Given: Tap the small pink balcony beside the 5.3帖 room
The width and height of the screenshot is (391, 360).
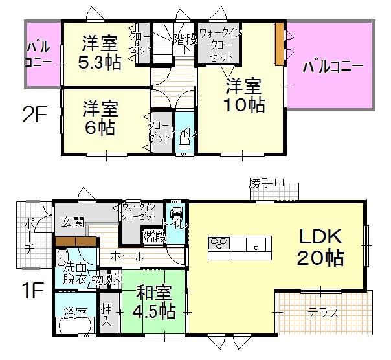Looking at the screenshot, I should point(40,54).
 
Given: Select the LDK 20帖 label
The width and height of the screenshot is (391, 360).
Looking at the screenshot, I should point(318,247).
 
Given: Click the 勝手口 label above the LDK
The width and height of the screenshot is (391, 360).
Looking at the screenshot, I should point(266,184).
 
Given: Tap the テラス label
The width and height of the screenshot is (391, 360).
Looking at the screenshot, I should point(324,313).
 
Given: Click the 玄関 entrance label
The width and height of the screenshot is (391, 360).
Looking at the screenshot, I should point(73,222).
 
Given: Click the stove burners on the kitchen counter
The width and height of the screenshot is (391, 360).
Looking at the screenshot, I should point(218,244).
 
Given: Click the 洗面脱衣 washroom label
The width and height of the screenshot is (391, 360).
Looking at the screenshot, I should point(76,274).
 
